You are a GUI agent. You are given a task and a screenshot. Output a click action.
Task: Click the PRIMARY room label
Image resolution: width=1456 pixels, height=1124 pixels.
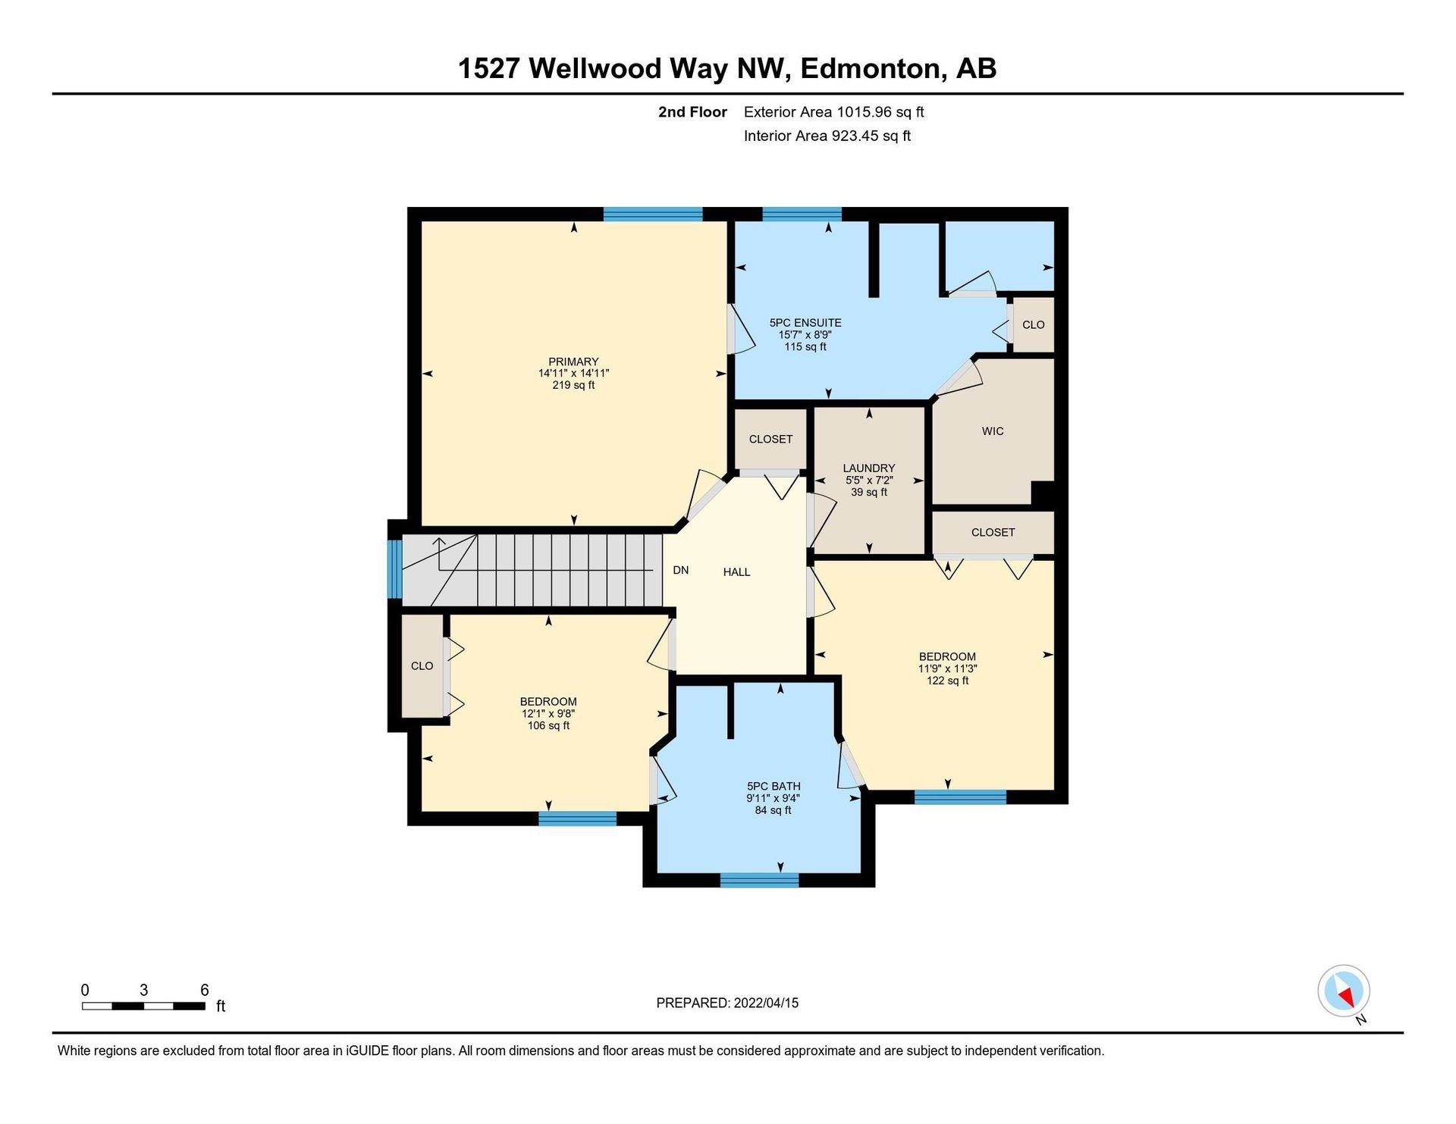[x=573, y=362]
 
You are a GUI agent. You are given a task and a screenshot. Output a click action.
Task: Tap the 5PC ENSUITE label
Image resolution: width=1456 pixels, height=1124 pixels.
[x=805, y=323]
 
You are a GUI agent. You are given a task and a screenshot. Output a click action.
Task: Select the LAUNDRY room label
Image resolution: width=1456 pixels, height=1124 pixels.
[x=869, y=468]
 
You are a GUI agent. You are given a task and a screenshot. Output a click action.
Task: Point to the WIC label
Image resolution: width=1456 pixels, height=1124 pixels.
[x=993, y=431]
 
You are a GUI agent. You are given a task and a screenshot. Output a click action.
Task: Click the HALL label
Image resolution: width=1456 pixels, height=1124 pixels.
[x=736, y=572]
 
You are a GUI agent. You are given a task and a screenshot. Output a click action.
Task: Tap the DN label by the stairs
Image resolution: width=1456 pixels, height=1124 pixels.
[x=681, y=570]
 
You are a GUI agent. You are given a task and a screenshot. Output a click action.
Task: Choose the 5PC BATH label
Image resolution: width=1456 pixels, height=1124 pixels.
[x=773, y=787]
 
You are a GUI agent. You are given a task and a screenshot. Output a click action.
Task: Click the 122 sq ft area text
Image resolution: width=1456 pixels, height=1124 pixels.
[x=947, y=681]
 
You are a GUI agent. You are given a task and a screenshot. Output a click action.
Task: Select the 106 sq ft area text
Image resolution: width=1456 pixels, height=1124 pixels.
[x=548, y=725]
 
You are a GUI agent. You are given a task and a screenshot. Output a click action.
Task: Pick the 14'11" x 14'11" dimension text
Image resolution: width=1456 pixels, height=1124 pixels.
[x=573, y=373]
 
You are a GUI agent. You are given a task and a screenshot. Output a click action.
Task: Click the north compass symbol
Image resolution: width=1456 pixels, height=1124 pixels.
[x=1344, y=991]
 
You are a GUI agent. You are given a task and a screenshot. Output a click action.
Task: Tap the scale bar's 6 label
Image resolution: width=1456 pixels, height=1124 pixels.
[x=205, y=990]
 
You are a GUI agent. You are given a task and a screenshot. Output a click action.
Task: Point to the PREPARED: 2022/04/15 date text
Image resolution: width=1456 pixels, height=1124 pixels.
[x=727, y=1003]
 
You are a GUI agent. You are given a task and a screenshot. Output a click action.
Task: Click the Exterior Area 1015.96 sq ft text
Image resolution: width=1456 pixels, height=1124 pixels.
[x=833, y=112]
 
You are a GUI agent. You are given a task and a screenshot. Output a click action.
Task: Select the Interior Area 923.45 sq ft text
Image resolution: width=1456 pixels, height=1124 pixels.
[x=827, y=136]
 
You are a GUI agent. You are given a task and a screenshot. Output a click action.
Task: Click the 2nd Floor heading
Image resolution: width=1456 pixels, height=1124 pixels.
[x=692, y=112]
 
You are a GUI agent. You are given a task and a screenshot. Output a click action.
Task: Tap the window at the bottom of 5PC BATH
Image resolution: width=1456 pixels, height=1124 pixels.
[x=759, y=880]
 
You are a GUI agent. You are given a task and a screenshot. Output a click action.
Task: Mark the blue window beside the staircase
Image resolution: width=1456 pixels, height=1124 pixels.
[x=394, y=568]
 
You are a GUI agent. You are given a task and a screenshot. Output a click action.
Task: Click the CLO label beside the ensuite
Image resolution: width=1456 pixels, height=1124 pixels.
[x=1033, y=324]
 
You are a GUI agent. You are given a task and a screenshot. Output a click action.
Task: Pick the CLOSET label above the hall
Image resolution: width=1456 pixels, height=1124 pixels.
[x=770, y=439]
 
